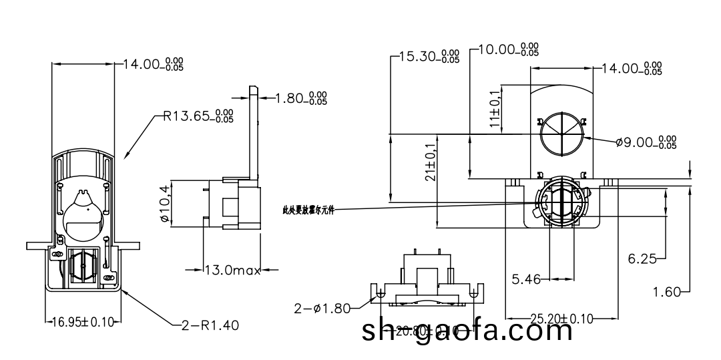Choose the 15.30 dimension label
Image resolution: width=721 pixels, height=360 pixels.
tap(428, 56)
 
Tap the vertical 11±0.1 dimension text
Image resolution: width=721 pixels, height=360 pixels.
tap(495, 108)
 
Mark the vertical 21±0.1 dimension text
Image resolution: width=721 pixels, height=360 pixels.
tap(430, 162)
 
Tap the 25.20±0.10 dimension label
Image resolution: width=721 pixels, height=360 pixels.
tap(561, 318)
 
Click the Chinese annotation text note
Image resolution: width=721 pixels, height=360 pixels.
tap(308, 210)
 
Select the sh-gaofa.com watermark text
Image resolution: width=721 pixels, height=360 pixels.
tap(467, 331)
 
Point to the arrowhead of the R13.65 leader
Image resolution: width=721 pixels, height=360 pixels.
tap(125, 158)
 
